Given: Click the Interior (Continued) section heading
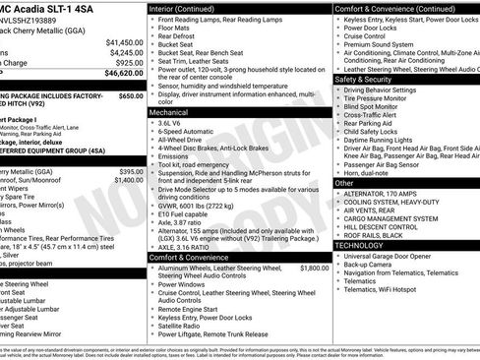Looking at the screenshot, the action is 183,8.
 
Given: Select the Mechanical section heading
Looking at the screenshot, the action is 170,113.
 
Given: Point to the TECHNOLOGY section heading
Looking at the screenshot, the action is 363,245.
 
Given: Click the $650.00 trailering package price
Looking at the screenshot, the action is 130,96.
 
